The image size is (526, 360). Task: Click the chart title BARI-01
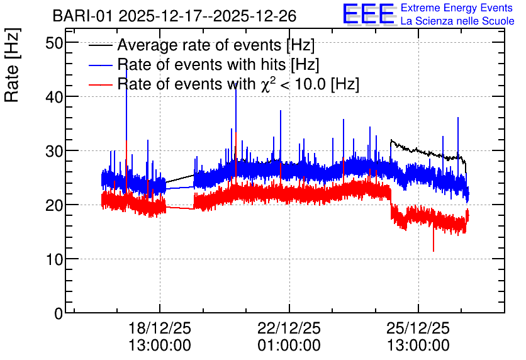click(x=82, y=16)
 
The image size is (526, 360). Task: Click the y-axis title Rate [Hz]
click(x=12, y=65)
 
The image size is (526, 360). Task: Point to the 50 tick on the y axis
click(x=54, y=43)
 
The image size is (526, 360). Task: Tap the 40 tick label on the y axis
click(x=54, y=97)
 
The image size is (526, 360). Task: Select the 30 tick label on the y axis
click(x=54, y=151)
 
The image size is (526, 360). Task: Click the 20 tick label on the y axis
click(x=54, y=205)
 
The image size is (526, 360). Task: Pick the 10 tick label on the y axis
click(x=54, y=259)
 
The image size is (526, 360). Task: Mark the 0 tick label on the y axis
click(x=59, y=313)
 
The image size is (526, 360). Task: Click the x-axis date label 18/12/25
click(x=160, y=328)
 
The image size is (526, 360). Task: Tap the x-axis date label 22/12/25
click(x=289, y=328)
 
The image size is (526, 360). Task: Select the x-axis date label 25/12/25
click(x=418, y=328)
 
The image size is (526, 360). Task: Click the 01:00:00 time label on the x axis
click(x=289, y=345)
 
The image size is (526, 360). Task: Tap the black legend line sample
click(x=101, y=45)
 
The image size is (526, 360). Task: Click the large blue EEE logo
click(x=369, y=14)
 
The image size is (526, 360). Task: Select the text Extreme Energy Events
click(x=457, y=8)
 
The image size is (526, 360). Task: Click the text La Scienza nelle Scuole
click(x=457, y=21)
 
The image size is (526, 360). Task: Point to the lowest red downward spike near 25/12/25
click(x=434, y=250)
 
